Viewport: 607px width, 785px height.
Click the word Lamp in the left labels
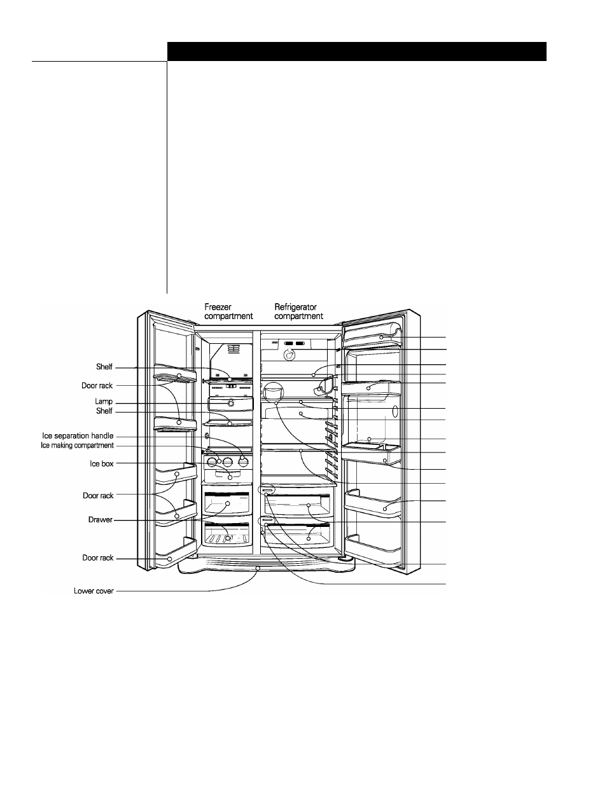tap(104, 401)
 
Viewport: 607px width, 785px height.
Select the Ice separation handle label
tap(78, 435)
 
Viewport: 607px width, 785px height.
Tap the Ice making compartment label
tap(78, 446)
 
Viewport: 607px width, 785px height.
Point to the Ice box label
tap(102, 463)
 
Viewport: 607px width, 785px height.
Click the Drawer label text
tap(101, 519)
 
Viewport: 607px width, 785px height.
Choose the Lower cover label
tap(94, 591)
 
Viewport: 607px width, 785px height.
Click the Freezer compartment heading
tap(228, 311)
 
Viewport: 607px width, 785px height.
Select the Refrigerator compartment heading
tap(298, 311)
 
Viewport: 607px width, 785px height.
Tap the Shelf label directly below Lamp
tap(104, 411)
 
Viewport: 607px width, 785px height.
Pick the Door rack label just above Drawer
tap(98, 496)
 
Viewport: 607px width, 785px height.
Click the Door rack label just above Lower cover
tap(97, 558)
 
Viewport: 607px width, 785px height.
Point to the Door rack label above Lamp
tap(97, 385)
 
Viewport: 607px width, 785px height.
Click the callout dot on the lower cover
tap(258, 568)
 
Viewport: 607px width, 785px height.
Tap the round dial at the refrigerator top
tap(288, 355)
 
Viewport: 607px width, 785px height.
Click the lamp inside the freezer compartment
tap(231, 403)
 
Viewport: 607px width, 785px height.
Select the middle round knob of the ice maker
tap(228, 461)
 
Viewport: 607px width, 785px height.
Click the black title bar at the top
tap(357, 51)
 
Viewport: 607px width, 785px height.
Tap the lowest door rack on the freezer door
tap(176, 554)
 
